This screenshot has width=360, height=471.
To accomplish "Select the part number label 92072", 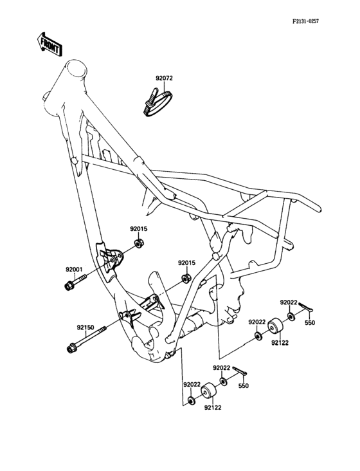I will (164, 79).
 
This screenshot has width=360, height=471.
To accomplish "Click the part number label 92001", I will (74, 270).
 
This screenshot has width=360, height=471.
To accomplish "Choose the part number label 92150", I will (85, 328).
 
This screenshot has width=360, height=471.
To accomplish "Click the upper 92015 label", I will (139, 228).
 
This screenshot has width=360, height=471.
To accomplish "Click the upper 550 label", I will (309, 322).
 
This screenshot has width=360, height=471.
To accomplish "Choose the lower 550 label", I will (244, 386).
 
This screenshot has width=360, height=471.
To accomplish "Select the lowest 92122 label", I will (213, 407).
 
